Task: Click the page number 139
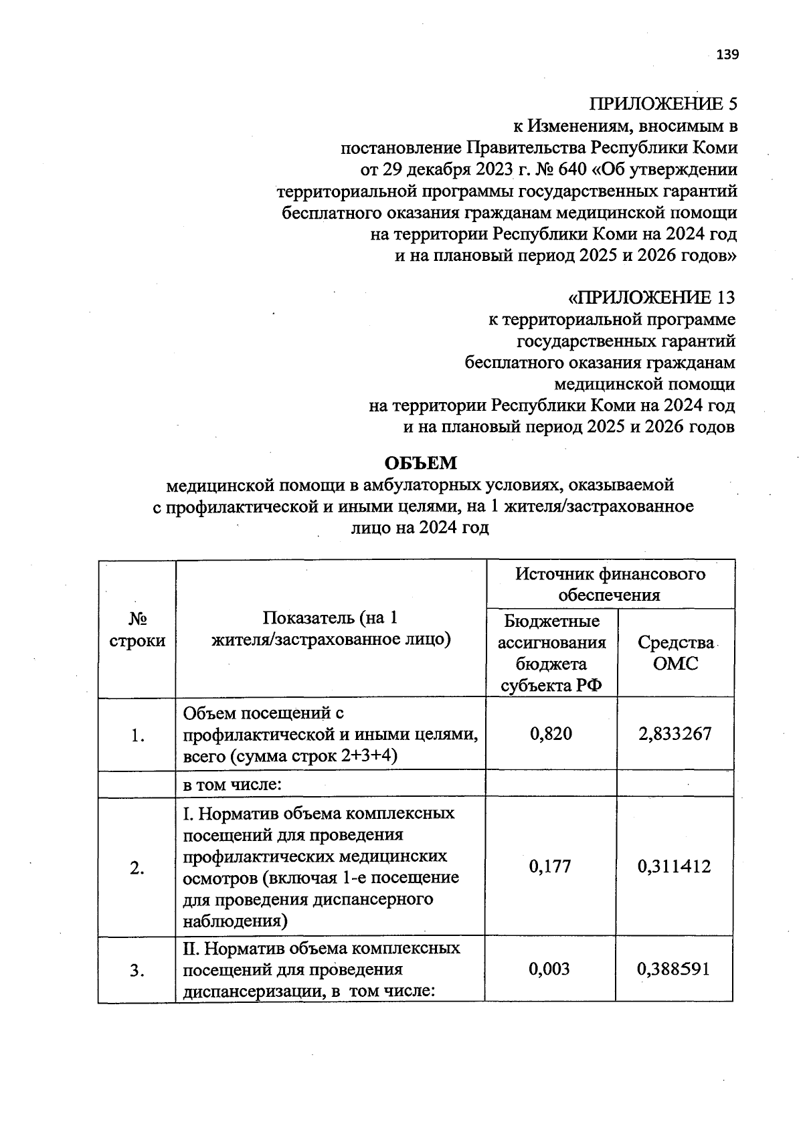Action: coord(727,55)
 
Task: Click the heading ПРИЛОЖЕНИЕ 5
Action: coord(662,104)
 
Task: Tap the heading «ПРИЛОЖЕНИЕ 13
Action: coord(650,297)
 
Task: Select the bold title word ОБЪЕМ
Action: coord(420,463)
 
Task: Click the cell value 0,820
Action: coord(551,734)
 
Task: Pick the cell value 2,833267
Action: coord(675,734)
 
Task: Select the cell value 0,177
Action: coord(550,866)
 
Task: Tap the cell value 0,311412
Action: coord(674,866)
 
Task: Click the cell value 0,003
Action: coord(549,969)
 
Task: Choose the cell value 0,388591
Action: coord(673,969)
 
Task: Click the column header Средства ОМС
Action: coord(675,653)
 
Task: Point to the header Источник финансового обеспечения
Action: coord(610,584)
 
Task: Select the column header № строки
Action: coord(137,629)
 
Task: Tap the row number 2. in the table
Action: coord(137,869)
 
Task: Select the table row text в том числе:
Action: coord(232,784)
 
